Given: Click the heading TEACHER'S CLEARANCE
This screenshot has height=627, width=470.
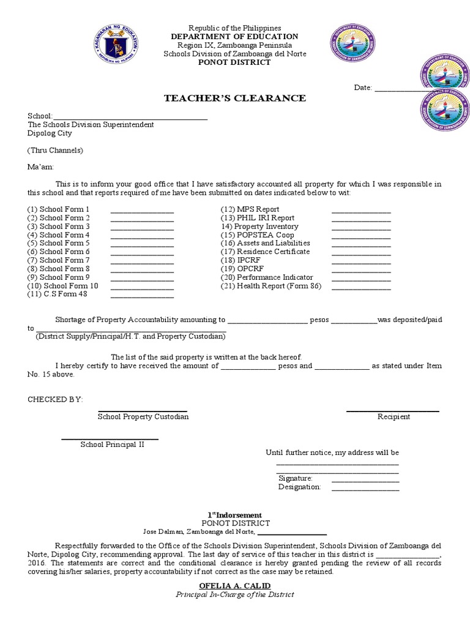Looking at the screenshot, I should coord(234,99).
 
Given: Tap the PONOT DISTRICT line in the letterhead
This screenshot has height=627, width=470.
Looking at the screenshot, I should coord(235,62).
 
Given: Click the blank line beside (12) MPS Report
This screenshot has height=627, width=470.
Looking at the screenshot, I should coord(360,212).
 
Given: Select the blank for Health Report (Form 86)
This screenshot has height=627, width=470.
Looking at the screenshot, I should coord(360,288).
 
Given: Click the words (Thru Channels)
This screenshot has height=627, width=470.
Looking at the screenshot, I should coord(55,151).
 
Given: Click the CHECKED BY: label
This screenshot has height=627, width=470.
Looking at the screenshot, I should coord(55,399).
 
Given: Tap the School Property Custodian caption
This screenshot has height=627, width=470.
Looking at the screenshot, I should coord(143,417).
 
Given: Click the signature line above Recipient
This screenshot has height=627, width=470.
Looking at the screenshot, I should coord(392,411).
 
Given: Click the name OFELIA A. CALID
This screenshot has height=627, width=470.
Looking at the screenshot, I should coord(234,586).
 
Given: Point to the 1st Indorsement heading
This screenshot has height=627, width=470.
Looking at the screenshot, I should coord(234,515).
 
